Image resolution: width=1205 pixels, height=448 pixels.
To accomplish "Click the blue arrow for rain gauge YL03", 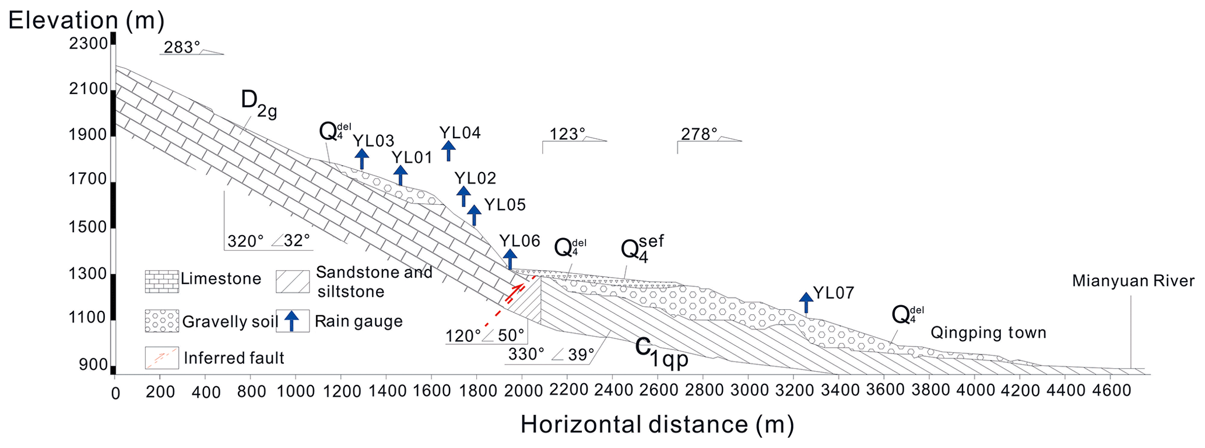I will pos(361,158).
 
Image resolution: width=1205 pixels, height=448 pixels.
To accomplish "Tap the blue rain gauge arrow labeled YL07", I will pos(806,302).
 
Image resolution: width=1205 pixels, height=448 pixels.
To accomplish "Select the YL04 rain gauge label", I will pos(460,133).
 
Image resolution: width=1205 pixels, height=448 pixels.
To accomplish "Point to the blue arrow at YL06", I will pos(510,258).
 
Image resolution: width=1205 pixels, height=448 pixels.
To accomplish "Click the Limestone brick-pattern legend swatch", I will pos(161,281).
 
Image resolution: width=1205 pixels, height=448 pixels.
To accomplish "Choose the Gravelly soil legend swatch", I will pos(161,321).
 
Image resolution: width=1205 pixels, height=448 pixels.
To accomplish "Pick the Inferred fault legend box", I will pos(161,358).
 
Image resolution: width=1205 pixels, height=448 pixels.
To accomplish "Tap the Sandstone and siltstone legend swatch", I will pos(293,281).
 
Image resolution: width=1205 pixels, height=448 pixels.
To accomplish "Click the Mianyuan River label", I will pos(1133,281).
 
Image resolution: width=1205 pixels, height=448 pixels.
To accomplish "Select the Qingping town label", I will pos(988,333).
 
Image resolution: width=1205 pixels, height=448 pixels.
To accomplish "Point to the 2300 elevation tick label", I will pos(88,44).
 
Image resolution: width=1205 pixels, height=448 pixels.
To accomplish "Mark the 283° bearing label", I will pos(181,48).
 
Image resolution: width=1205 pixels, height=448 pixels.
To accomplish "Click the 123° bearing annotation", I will pos(567,135).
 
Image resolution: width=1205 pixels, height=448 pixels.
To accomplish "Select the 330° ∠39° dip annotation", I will pos(551,354).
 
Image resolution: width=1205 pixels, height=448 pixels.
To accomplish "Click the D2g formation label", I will pos(258,104).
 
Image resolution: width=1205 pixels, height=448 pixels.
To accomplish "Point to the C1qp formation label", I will pos(662,352).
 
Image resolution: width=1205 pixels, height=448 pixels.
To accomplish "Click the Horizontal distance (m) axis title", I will pos(657,425).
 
